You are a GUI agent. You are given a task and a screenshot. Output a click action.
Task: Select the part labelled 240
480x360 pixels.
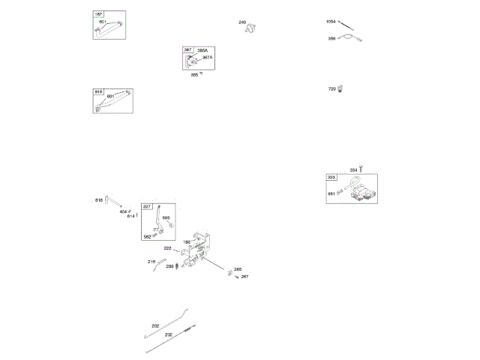(254, 28)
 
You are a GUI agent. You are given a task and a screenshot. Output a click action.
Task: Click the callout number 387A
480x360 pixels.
(206, 57)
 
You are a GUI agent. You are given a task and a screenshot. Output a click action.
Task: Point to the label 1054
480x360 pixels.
(331, 21)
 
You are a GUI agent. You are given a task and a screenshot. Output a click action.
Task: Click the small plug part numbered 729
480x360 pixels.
(340, 89)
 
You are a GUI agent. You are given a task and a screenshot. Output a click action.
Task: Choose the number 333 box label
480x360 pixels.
(332, 177)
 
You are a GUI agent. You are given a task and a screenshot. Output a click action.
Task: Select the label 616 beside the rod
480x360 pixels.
(99, 199)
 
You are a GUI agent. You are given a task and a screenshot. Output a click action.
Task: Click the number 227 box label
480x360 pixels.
(148, 206)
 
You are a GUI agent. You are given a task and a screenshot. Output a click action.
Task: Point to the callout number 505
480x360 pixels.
(166, 217)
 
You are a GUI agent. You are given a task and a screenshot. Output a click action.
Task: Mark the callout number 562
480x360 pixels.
(148, 235)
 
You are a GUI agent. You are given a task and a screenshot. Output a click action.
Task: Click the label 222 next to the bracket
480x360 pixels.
(167, 248)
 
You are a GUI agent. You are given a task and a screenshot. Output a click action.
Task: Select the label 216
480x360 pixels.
(151, 262)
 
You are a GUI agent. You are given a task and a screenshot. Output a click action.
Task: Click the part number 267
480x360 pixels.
(244, 277)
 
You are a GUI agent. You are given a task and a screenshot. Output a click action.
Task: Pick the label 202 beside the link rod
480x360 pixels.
(155, 325)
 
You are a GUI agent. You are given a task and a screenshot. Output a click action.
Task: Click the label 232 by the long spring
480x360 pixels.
(169, 334)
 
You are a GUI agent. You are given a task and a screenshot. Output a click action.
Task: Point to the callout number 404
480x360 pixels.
(124, 211)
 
